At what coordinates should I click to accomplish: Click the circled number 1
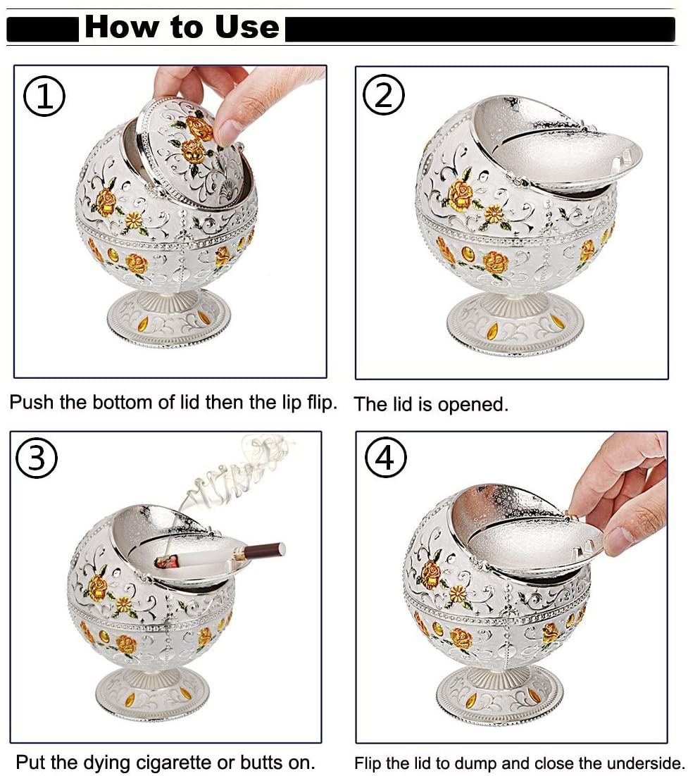pyautogui.click(x=44, y=96)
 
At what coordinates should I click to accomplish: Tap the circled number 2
pyautogui.click(x=384, y=94)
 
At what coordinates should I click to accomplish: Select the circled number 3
pyautogui.click(x=37, y=458)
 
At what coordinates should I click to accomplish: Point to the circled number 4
pyautogui.click(x=386, y=457)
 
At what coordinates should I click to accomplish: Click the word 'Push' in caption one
pyautogui.click(x=32, y=402)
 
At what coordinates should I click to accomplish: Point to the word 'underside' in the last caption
pyautogui.click(x=644, y=763)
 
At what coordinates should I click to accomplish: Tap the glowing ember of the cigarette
pyautogui.click(x=165, y=562)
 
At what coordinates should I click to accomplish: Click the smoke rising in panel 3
pyautogui.click(x=232, y=475)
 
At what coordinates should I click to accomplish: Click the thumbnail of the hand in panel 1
pyautogui.click(x=227, y=132)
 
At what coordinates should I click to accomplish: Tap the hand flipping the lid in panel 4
pyautogui.click(x=625, y=495)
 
